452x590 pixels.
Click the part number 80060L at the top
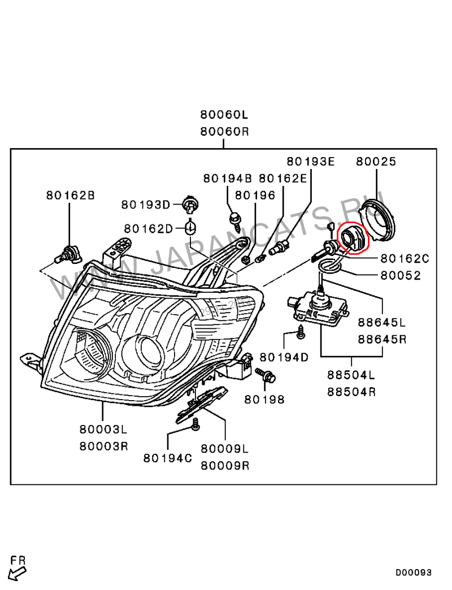224,115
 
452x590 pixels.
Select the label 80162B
70,196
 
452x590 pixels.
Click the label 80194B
227,178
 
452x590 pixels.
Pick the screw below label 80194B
234,220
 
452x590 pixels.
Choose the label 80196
255,196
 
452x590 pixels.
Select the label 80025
376,162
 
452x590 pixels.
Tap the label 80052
401,276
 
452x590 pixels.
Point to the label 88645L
382,323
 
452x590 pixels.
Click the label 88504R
351,392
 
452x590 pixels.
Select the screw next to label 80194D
301,335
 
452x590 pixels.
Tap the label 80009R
225,466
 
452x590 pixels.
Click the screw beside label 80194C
195,425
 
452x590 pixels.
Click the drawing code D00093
413,572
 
